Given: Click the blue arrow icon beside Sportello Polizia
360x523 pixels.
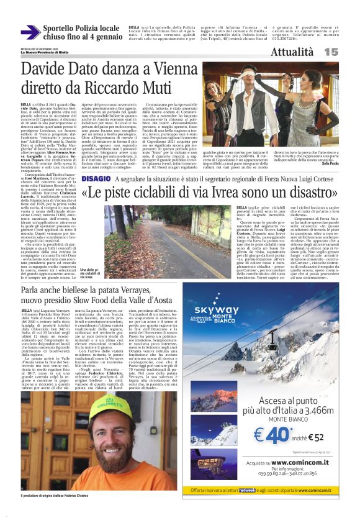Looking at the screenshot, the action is coord(30,32).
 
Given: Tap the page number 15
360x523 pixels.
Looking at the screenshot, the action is coord(348,53).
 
